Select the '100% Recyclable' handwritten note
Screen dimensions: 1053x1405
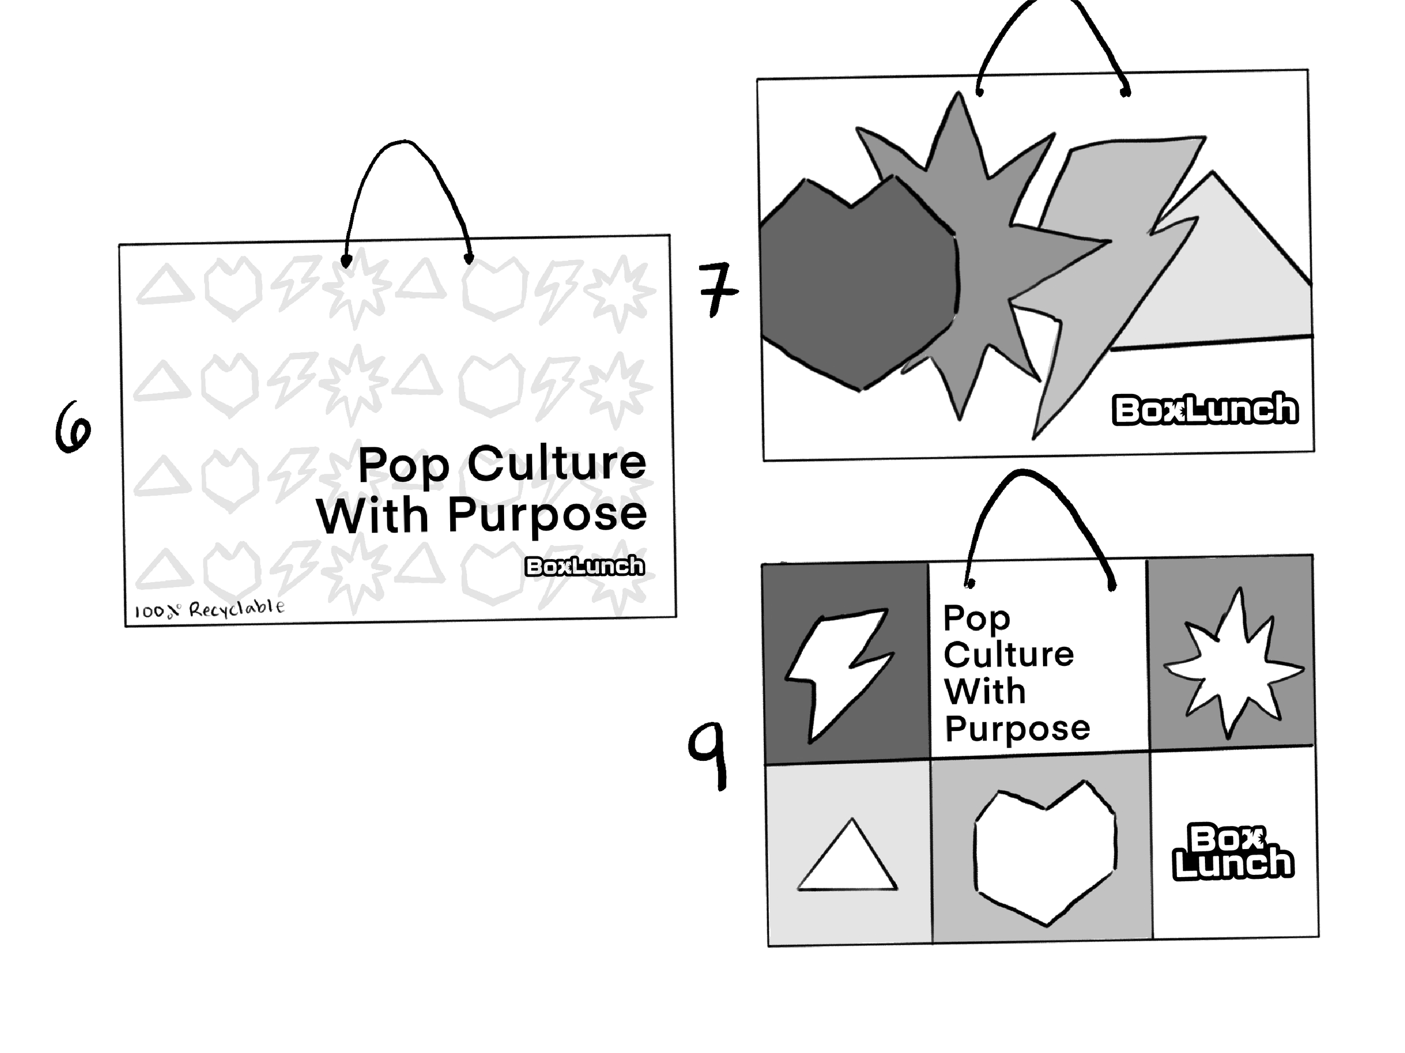pyautogui.click(x=209, y=609)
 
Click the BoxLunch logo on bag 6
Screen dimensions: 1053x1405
pyautogui.click(x=584, y=566)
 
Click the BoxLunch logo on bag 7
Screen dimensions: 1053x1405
pyautogui.click(x=1205, y=409)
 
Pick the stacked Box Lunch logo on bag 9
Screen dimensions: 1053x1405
pyautogui.click(x=1232, y=852)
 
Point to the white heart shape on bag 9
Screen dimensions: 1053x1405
pyautogui.click(x=1044, y=851)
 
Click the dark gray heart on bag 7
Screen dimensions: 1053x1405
pyautogui.click(x=858, y=286)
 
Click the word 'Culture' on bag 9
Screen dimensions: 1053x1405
pyautogui.click(x=1008, y=655)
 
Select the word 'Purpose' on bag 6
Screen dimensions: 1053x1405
pyautogui.click(x=547, y=516)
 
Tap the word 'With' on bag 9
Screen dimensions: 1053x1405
pyautogui.click(x=985, y=692)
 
